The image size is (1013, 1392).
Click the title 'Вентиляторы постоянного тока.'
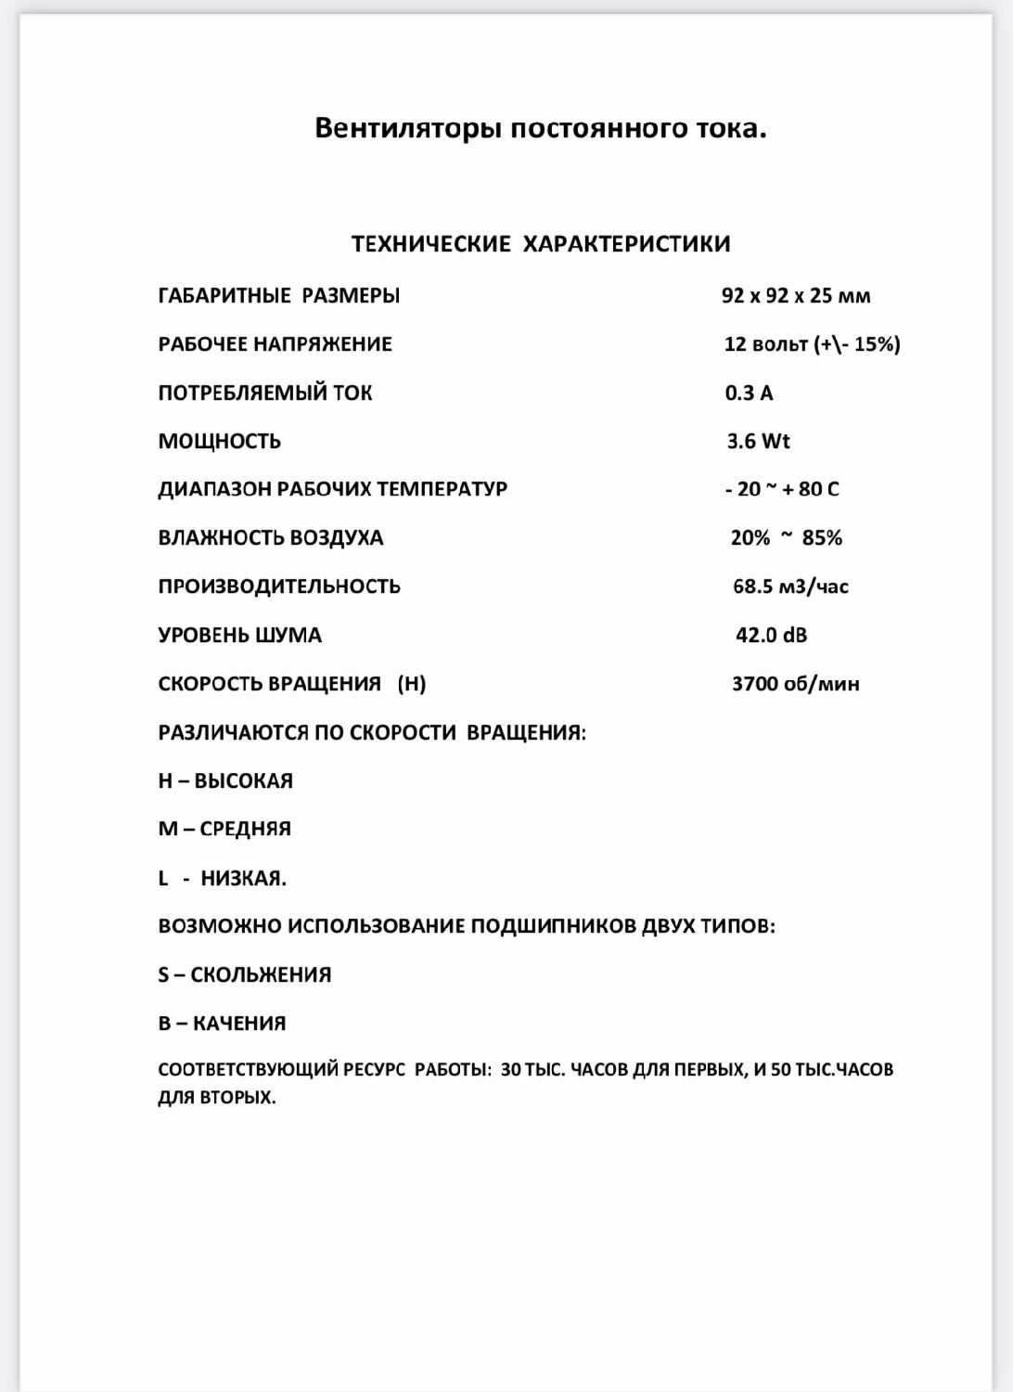click(x=541, y=128)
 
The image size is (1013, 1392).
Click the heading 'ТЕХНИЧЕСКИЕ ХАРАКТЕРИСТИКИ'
click(x=541, y=244)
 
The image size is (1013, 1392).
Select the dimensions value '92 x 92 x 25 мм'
click(x=796, y=296)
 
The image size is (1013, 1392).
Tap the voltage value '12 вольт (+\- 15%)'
click(x=812, y=344)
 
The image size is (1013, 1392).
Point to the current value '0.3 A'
click(x=749, y=393)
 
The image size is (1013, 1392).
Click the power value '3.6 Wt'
click(x=758, y=441)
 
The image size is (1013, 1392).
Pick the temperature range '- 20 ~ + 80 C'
click(x=782, y=489)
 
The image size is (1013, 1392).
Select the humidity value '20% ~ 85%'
click(x=787, y=538)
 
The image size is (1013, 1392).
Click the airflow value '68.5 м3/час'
click(x=790, y=586)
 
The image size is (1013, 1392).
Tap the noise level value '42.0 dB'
click(x=771, y=636)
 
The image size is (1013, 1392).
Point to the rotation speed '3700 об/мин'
click(x=796, y=684)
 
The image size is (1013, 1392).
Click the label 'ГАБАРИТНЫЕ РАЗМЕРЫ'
click(x=279, y=296)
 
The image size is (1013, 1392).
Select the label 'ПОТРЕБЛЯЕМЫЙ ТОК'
click(x=265, y=393)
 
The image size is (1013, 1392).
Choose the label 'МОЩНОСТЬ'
click(x=220, y=441)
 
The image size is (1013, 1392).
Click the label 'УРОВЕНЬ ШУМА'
click(x=240, y=636)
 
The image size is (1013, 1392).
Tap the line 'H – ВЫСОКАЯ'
click(x=225, y=781)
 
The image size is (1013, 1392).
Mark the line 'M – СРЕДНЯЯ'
click(x=224, y=829)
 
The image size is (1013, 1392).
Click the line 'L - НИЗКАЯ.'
click(x=223, y=878)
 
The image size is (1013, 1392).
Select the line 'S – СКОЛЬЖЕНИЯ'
click(x=245, y=974)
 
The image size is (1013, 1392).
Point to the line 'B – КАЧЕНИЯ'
click(x=223, y=1024)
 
